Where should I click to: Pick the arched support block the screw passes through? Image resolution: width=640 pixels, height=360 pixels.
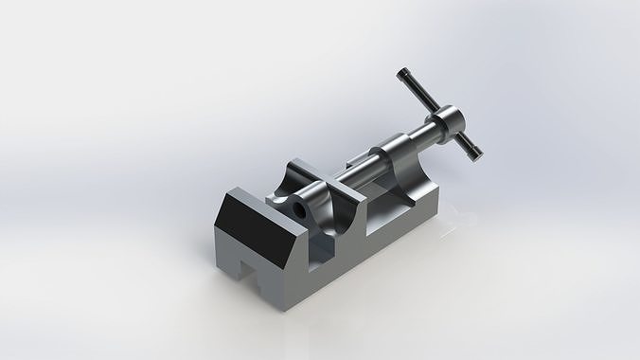(397, 162)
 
